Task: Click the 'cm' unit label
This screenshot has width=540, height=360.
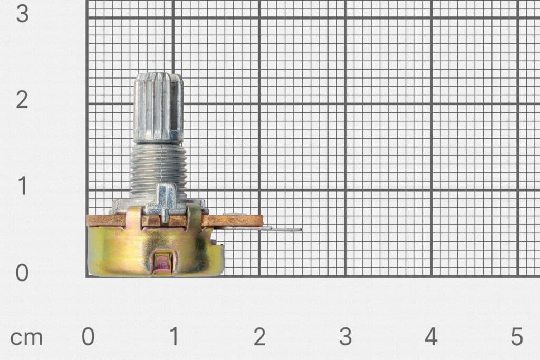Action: pyautogui.click(x=26, y=337)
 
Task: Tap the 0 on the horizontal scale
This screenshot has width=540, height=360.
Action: pyautogui.click(x=88, y=337)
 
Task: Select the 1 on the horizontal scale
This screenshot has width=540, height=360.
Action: pyautogui.click(x=174, y=337)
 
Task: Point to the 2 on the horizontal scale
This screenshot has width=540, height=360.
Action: pyautogui.click(x=259, y=337)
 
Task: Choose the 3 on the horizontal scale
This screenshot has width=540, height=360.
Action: pyautogui.click(x=345, y=337)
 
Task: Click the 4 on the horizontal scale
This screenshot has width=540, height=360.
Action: pyautogui.click(x=431, y=337)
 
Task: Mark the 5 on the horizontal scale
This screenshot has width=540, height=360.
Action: pyautogui.click(x=517, y=337)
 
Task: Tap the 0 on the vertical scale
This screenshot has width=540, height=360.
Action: pyautogui.click(x=22, y=273)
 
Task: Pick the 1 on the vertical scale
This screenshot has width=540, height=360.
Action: pyautogui.click(x=22, y=187)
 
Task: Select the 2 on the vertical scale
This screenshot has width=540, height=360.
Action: pyautogui.click(x=22, y=100)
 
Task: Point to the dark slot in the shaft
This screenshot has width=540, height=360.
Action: pyautogui.click(x=175, y=111)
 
